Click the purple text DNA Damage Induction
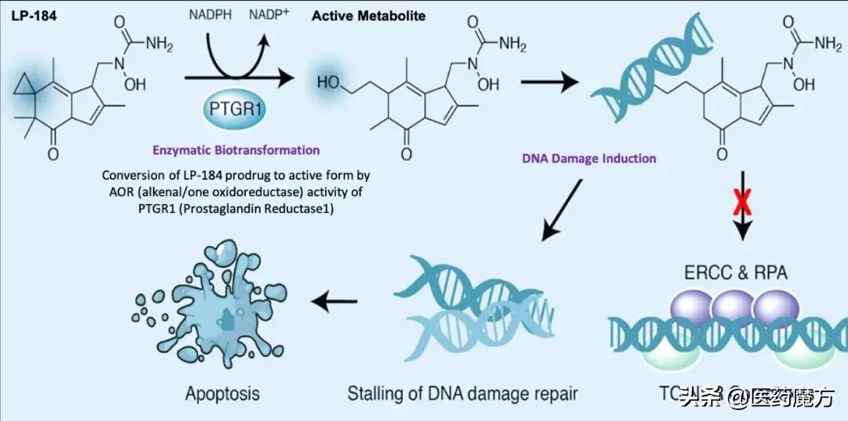coord(589,158)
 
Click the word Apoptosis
coord(222,392)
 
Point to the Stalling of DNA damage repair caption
coord(462,393)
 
